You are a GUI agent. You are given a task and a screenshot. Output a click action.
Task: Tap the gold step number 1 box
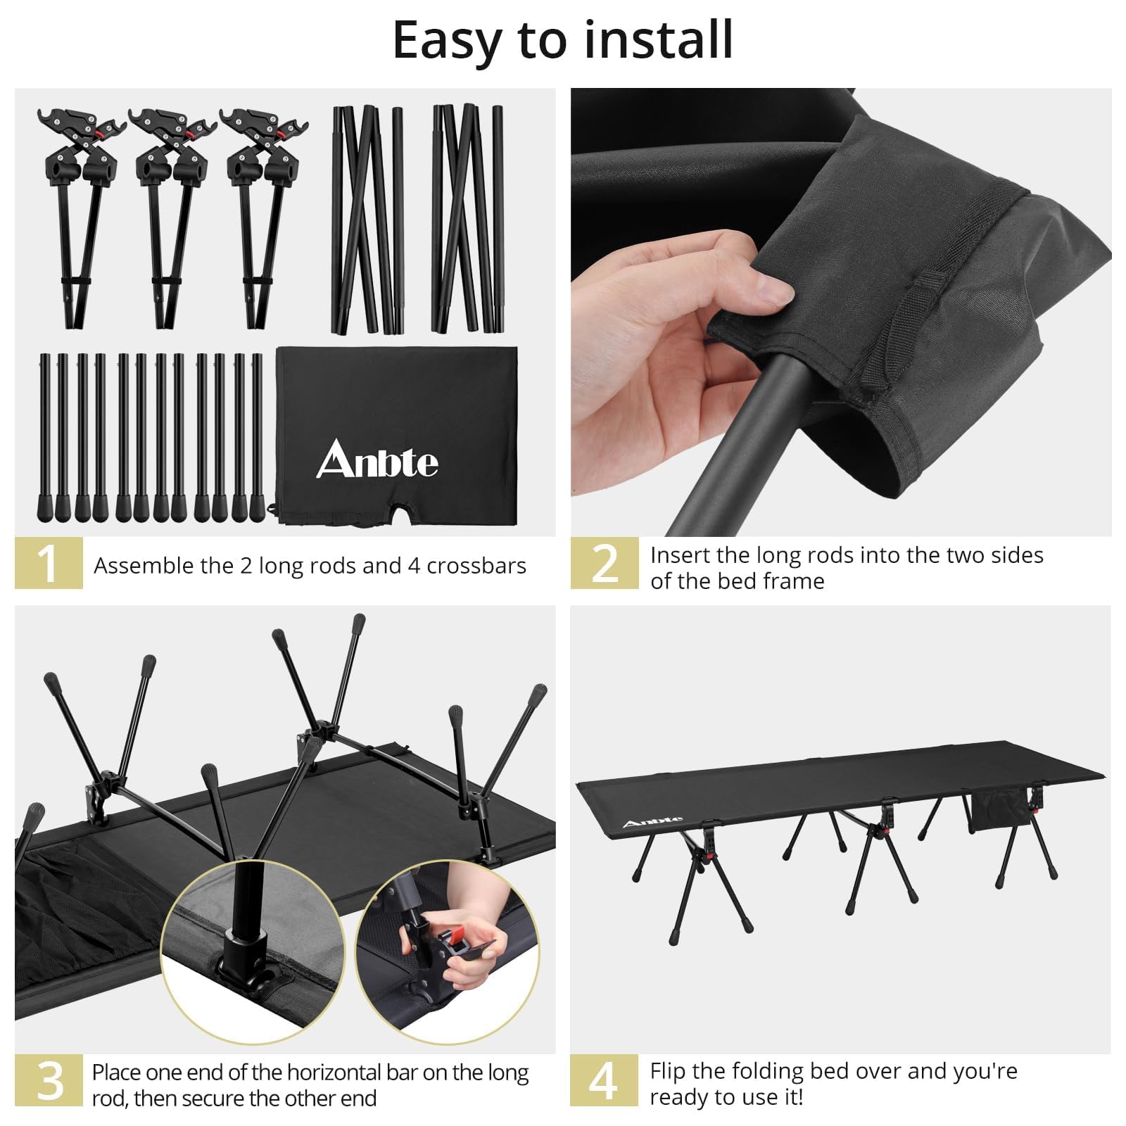(x=49, y=563)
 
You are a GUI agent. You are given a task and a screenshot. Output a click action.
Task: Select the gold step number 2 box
(x=605, y=563)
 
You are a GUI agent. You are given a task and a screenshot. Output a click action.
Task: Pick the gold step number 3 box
(x=49, y=1080)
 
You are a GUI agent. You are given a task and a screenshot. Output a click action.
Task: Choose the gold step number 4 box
(x=604, y=1080)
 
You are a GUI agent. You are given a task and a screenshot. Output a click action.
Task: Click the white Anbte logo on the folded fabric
(x=377, y=460)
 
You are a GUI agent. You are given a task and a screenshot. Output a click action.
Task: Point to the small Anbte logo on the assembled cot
(x=652, y=821)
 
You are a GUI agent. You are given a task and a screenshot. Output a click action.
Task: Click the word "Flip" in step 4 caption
(x=669, y=1072)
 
